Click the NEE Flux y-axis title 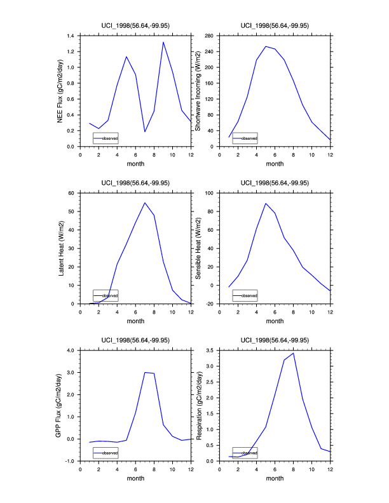click(x=60, y=91)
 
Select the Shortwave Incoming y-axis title click(x=198, y=91)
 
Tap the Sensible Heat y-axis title click(x=198, y=248)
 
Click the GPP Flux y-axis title click(x=60, y=405)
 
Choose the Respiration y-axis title click(x=198, y=405)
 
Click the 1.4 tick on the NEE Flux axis click(x=71, y=36)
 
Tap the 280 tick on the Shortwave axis click(x=208, y=36)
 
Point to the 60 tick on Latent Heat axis click(x=72, y=192)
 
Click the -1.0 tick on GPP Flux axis click(x=70, y=461)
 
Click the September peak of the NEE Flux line click(x=163, y=43)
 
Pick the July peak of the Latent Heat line click(x=145, y=203)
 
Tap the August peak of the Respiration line click(x=293, y=353)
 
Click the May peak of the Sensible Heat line click(x=266, y=203)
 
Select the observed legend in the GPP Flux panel click(x=106, y=453)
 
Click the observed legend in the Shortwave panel click(x=245, y=138)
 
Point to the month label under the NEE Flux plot click(x=135, y=164)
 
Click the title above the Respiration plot click(x=275, y=340)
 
